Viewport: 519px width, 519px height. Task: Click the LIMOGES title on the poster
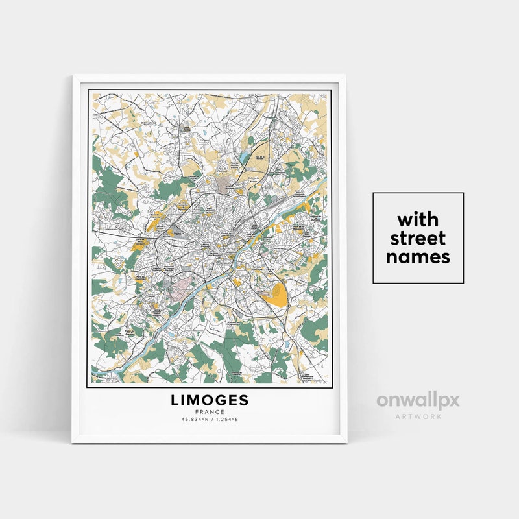(210, 400)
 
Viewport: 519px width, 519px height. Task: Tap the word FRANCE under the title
(210, 412)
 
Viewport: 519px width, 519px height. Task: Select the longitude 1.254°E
(227, 420)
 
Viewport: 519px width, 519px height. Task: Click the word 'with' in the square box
(418, 218)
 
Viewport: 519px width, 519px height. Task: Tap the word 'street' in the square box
(418, 237)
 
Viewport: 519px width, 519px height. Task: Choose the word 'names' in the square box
(418, 257)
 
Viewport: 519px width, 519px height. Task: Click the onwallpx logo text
(418, 400)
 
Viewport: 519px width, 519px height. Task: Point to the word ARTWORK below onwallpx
(418, 416)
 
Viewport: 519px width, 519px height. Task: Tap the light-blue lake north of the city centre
(243, 158)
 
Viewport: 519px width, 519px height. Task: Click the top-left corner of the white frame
(73, 77)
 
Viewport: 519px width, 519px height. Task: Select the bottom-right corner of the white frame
(346, 442)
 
